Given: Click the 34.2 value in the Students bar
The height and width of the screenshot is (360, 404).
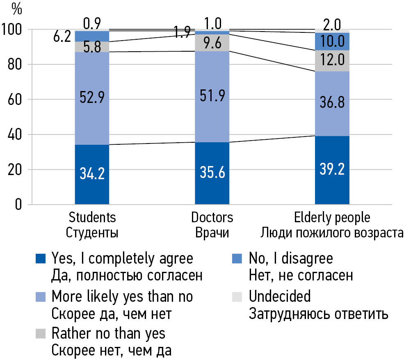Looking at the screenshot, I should coord(92,174).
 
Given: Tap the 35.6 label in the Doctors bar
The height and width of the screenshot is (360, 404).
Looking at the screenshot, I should coord(212,174).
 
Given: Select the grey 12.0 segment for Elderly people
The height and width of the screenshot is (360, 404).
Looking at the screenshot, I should coord(332,61).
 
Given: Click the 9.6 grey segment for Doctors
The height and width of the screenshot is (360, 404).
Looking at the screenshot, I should coord(212,43).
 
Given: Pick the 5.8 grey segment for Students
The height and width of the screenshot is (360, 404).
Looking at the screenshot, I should coord(92,46).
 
